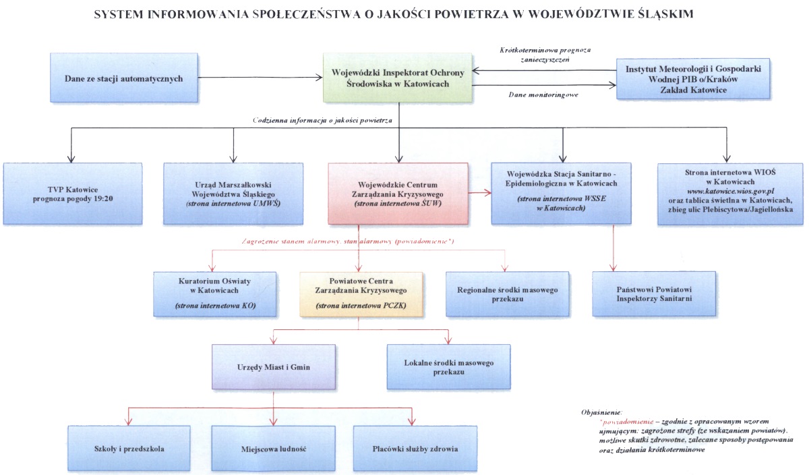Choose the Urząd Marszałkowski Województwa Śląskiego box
tap(233, 193)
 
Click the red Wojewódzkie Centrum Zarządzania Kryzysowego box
tap(398, 193)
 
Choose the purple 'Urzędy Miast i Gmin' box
tap(273, 366)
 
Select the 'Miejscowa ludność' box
tap(273, 448)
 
